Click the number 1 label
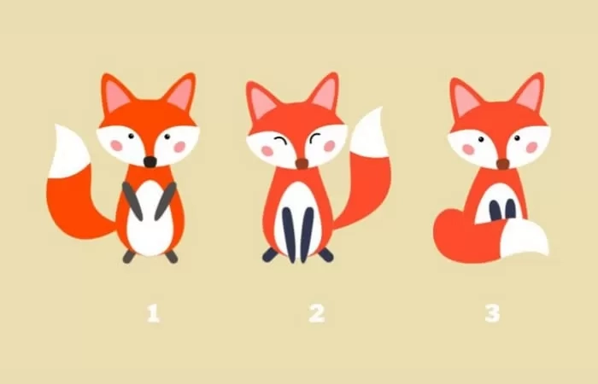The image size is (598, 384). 153,314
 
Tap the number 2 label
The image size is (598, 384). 317,314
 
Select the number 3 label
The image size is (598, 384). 492,314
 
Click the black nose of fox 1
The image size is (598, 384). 149,161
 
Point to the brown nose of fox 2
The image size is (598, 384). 302,164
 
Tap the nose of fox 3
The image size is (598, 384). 502,164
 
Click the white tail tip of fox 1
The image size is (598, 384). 71,151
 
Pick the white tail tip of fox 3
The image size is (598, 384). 524,238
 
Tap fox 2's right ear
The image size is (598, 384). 325,92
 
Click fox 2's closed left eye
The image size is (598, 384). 280,140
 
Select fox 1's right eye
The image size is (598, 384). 167,137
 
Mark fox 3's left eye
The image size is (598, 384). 481,139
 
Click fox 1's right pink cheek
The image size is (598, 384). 179,147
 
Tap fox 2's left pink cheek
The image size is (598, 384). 267,151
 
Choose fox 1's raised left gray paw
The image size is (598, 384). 132,201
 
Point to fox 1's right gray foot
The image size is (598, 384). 172,256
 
